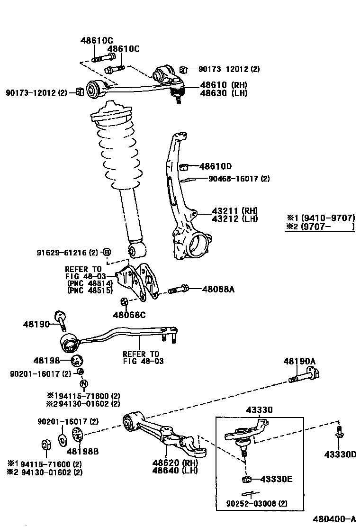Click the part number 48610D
click(x=216, y=166)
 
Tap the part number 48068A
click(x=218, y=288)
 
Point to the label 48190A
click(x=299, y=361)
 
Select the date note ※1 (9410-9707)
click(x=321, y=218)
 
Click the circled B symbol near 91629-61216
click(x=107, y=251)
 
